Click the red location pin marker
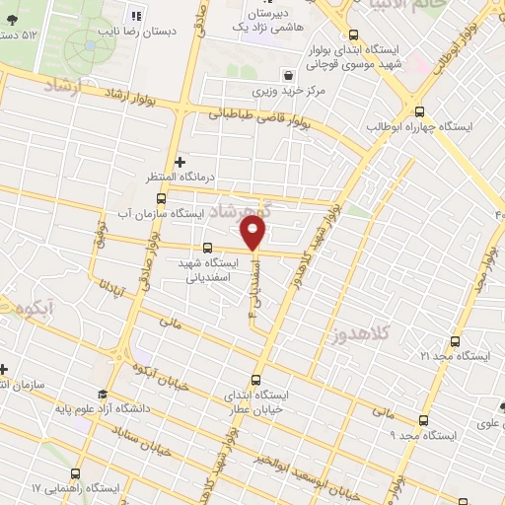tap(254, 233)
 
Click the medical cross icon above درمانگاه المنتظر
tap(179, 161)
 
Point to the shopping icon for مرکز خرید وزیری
tap(287, 75)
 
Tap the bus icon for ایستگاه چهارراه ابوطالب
tap(420, 111)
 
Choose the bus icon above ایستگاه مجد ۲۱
tap(454, 339)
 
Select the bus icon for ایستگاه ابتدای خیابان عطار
tap(257, 379)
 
